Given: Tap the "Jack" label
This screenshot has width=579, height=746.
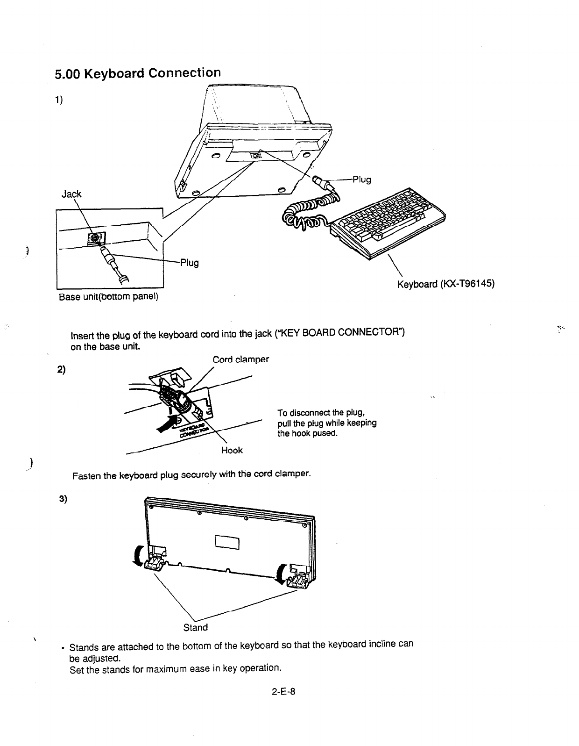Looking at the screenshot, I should (x=72, y=194).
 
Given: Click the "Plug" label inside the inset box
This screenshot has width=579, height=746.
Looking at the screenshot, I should (x=190, y=263).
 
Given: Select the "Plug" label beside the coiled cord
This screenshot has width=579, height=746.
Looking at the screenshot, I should (x=362, y=179).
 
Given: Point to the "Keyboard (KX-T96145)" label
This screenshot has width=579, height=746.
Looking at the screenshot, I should (x=445, y=284).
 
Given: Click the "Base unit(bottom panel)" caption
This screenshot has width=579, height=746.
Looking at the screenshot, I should (x=108, y=297).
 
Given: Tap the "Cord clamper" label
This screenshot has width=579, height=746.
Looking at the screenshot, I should (x=240, y=359).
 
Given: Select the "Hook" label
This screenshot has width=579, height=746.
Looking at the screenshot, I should (x=232, y=450).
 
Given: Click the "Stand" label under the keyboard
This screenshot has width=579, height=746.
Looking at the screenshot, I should (x=196, y=627).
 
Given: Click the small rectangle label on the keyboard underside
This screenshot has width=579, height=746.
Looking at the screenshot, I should (x=227, y=542).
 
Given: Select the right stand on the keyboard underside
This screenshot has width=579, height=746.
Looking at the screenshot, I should (x=298, y=578).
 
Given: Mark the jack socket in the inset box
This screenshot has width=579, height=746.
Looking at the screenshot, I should (x=94, y=238).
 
